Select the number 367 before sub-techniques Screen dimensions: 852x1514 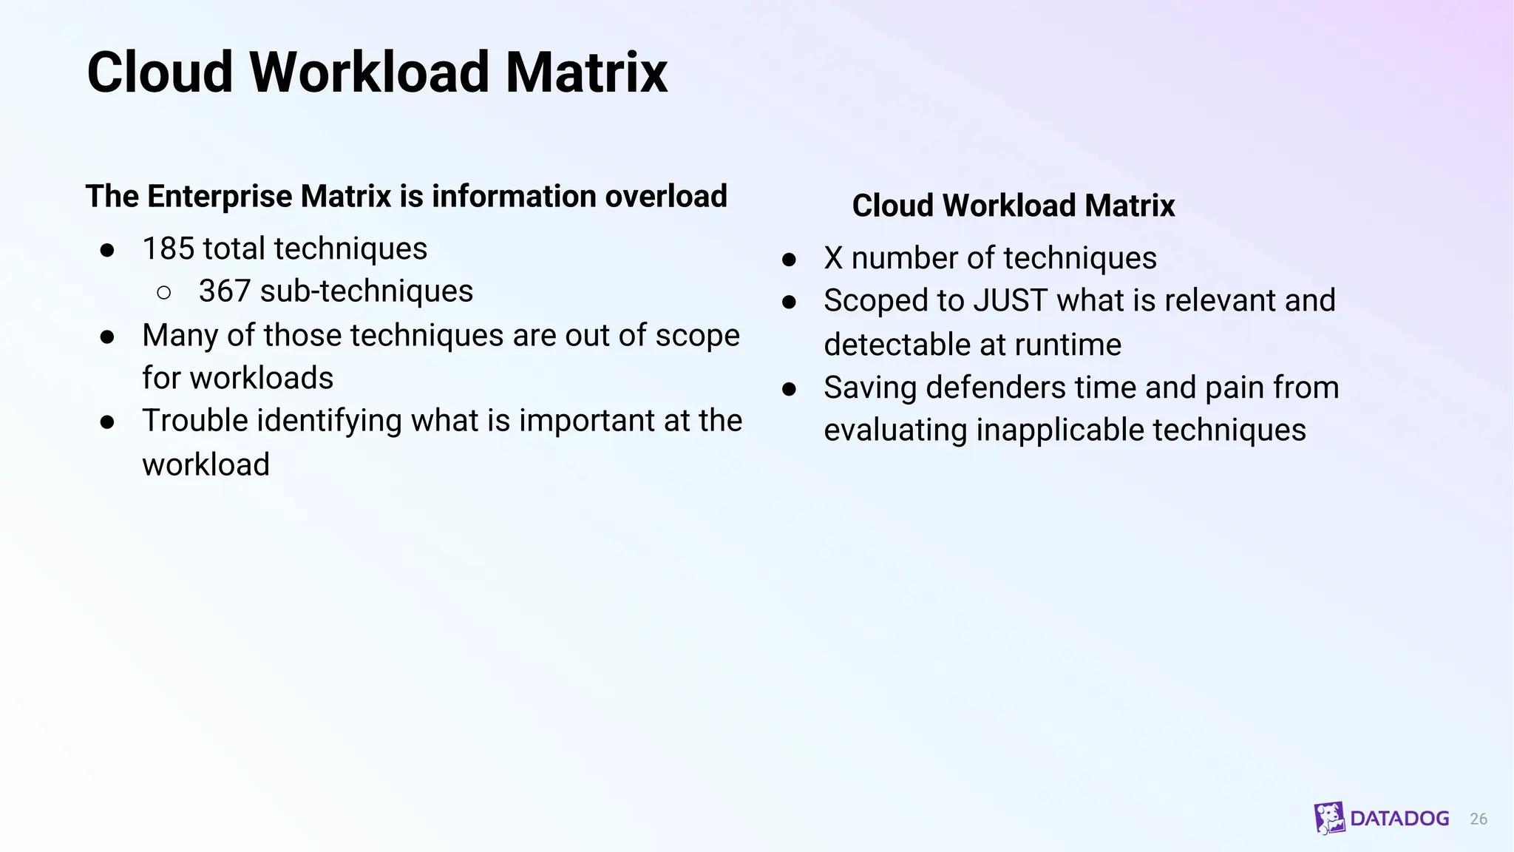(x=224, y=291)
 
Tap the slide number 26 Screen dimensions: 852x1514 (x=1478, y=819)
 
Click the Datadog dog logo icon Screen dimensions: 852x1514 (x=1329, y=818)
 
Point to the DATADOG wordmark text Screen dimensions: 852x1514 (x=1399, y=819)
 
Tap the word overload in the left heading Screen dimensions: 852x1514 (x=665, y=197)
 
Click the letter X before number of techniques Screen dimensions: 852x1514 (x=833, y=259)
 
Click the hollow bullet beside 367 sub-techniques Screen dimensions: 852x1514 (x=164, y=293)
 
